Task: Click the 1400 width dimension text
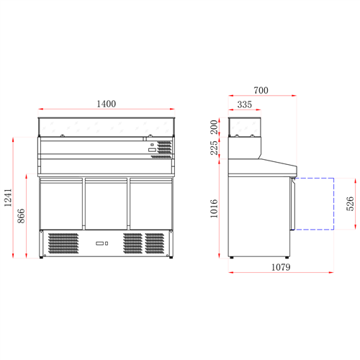point(107,105)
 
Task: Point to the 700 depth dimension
point(261,90)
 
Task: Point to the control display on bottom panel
point(101,243)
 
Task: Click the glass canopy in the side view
point(246,127)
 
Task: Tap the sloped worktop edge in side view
point(277,160)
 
